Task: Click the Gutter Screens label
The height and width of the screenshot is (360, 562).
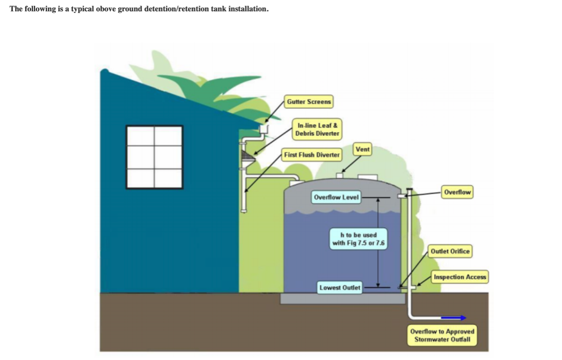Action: click(309, 102)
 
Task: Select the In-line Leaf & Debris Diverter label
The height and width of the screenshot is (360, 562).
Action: click(317, 130)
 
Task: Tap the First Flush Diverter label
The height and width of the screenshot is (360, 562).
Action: click(312, 155)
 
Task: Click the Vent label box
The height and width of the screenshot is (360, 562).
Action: click(362, 149)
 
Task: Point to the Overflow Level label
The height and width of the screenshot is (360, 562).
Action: click(336, 198)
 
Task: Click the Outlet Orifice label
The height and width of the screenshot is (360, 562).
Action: click(450, 251)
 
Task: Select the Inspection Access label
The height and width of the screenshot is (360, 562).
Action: click(460, 277)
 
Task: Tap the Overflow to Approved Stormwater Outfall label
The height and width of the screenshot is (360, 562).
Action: click(442, 335)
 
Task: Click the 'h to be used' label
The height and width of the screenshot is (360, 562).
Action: click(359, 239)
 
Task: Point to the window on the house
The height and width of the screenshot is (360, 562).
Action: click(154, 157)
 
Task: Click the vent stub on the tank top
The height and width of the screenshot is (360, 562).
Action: click(340, 175)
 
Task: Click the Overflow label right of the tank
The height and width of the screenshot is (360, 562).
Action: click(457, 192)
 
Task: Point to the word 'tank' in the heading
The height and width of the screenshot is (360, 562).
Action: click(218, 9)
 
